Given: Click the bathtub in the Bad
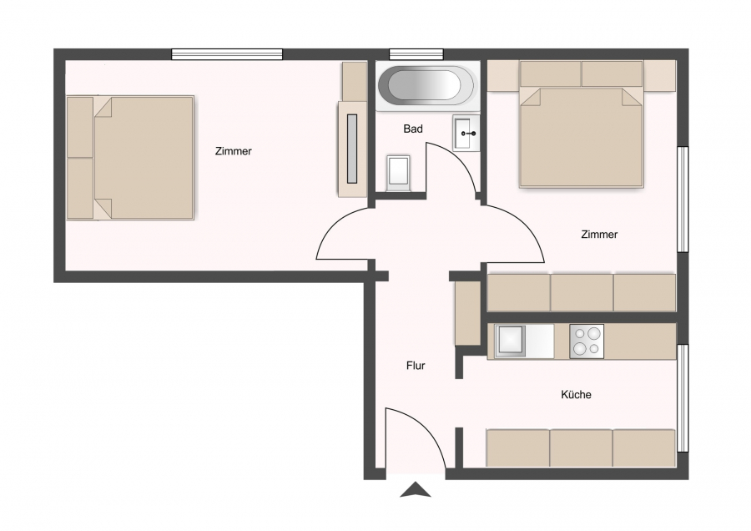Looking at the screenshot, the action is (428, 86).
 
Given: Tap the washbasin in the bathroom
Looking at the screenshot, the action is (466, 134).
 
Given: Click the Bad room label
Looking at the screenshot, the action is (413, 129).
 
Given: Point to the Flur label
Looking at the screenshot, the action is (416, 366).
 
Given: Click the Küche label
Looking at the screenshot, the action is (576, 394).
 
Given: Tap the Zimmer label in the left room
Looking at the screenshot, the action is (234, 151).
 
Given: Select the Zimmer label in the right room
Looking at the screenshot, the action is (599, 235).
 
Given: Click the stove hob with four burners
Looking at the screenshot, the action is (587, 341).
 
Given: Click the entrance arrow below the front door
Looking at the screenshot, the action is (416, 490).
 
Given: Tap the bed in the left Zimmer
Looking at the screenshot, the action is (130, 158).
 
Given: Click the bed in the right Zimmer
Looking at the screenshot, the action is (581, 124).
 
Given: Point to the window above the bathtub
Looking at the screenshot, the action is (416, 54).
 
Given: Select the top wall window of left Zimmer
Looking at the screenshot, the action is (227, 54).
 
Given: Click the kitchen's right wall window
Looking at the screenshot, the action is (683, 398).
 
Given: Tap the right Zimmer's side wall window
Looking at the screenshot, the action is (683, 199).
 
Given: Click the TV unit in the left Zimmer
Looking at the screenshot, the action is (352, 149).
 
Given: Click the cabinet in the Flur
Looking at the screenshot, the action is (467, 313).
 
